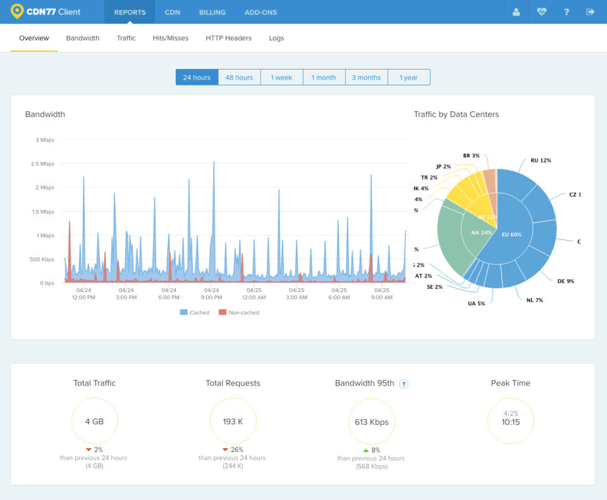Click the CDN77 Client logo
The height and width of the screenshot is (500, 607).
[x=46, y=12]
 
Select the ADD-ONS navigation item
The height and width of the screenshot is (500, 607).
[x=261, y=12]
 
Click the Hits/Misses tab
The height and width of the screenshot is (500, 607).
[x=170, y=38]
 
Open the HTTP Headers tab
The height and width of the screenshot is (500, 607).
[x=228, y=38]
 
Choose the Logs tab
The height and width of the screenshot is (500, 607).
[x=276, y=38]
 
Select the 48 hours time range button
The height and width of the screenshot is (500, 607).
[x=239, y=78]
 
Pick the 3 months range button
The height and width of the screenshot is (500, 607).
[x=366, y=78]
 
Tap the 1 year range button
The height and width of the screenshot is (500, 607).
[x=408, y=78]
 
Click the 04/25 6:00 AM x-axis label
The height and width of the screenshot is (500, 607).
[x=339, y=294]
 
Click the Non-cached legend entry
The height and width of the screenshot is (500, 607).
[x=238, y=312]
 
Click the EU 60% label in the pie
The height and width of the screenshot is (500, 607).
[x=511, y=235]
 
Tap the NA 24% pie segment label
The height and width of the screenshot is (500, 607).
[x=481, y=233]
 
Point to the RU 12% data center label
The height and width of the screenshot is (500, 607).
[x=541, y=161]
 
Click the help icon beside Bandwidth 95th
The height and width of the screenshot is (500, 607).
[x=403, y=384]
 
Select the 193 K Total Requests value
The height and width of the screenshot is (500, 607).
[x=233, y=422]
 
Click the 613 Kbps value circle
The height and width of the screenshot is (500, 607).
[x=371, y=422]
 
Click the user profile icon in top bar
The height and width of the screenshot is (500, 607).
[x=517, y=12]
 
